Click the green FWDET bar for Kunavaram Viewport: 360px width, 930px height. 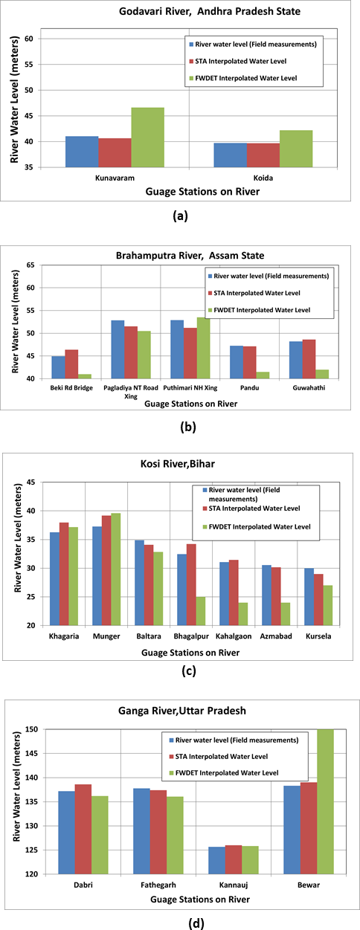147,138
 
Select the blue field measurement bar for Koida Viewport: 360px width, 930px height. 230,155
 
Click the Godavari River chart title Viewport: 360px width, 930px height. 210,11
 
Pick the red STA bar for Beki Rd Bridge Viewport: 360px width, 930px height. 71,364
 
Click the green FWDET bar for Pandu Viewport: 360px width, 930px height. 263,375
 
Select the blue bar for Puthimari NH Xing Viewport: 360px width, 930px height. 177,349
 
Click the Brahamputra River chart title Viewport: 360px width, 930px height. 190,255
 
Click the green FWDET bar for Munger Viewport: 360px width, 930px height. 116,569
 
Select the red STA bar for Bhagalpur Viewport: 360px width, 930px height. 191,584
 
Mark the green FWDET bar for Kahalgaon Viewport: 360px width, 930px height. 243,614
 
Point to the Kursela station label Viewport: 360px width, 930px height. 318,636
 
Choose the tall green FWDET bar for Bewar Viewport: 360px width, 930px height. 325,801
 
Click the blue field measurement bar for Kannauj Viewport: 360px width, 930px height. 216,860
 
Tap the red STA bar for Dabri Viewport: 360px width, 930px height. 83,829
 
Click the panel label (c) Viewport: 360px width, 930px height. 189,671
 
